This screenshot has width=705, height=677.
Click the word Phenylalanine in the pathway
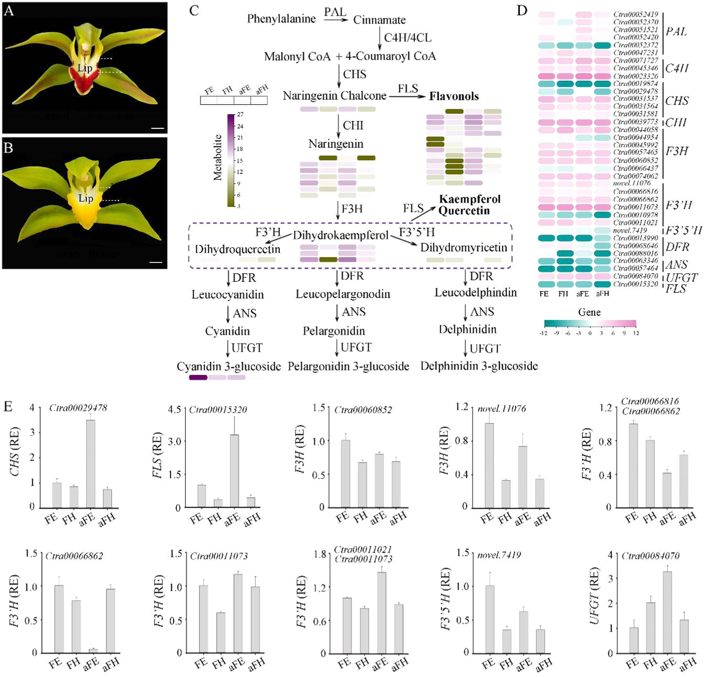tap(281, 19)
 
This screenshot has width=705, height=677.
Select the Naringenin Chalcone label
tap(334, 96)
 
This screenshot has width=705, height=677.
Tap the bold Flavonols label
tap(454, 96)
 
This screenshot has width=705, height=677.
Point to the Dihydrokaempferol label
tap(341, 236)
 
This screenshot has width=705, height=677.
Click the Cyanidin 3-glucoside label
tap(229, 367)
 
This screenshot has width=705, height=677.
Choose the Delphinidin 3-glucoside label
tap(479, 366)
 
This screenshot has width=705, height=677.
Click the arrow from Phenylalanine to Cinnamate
tap(336, 20)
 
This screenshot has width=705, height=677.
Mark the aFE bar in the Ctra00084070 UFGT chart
tap(668, 612)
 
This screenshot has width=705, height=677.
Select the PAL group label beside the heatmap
tap(676, 32)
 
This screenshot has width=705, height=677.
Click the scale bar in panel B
tap(156, 262)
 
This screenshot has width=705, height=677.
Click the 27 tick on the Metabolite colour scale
tap(240, 115)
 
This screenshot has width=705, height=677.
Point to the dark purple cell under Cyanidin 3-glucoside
tap(198, 378)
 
